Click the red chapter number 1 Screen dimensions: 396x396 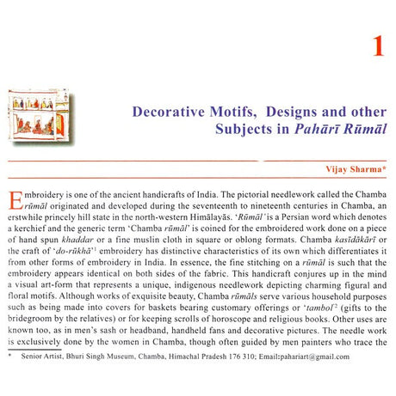coord(377,46)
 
